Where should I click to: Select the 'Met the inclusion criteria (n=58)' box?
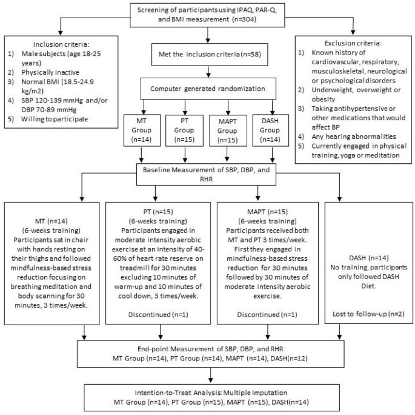[210, 55]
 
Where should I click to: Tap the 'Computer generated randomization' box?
[208, 89]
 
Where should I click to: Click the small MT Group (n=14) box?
[142, 130]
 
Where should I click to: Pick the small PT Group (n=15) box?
[184, 130]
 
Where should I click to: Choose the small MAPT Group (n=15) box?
[228, 130]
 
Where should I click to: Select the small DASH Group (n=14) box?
[270, 130]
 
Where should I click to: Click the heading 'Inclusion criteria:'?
[61, 44]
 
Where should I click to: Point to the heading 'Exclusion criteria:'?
[353, 43]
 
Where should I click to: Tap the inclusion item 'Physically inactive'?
[50, 72]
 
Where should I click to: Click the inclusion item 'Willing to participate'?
[55, 119]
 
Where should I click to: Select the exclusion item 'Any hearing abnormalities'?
[354, 137]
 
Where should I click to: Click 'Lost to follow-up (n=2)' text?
[368, 314]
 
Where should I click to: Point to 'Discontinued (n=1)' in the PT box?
[158, 314]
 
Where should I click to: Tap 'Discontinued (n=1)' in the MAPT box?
[267, 314]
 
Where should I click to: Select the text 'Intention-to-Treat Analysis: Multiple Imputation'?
[211, 393]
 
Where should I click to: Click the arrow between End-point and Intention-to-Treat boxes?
[211, 375]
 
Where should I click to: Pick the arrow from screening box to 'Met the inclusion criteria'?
[208, 35]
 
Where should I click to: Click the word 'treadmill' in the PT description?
[134, 268]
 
